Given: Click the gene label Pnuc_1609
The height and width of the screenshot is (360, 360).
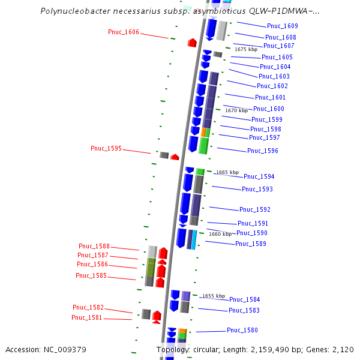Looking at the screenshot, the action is click(x=282, y=26).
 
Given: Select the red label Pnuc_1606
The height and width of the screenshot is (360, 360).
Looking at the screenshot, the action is click(x=124, y=32).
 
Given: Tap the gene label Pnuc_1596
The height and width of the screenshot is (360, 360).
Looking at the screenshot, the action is click(x=263, y=151).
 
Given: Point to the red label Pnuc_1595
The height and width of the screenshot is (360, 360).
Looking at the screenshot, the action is click(x=106, y=148).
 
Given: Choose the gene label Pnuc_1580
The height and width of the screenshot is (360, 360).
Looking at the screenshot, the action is click(x=242, y=330).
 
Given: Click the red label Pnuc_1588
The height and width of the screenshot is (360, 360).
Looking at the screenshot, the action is click(x=94, y=246).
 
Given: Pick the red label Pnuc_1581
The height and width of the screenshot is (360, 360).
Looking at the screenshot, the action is click(x=87, y=317).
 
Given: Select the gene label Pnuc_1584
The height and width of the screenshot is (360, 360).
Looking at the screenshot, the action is click(x=245, y=299).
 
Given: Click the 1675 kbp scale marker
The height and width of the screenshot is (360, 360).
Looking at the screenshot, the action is click(x=246, y=49).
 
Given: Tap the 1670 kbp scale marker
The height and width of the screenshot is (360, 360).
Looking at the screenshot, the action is click(x=236, y=110).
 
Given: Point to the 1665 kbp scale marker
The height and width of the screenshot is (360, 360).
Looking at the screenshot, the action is click(x=227, y=172).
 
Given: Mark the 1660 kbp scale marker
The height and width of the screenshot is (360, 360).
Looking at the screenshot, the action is click(x=220, y=234).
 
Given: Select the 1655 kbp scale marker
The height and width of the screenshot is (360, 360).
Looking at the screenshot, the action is click(x=214, y=296).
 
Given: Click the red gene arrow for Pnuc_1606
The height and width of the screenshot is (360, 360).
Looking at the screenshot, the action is click(x=192, y=43).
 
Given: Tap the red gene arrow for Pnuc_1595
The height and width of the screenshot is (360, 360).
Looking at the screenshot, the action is click(x=175, y=157).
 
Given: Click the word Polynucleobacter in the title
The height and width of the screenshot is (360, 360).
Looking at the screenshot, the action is click(x=73, y=11).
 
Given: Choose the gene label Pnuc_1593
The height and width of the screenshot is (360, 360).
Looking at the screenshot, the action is click(x=257, y=189).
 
